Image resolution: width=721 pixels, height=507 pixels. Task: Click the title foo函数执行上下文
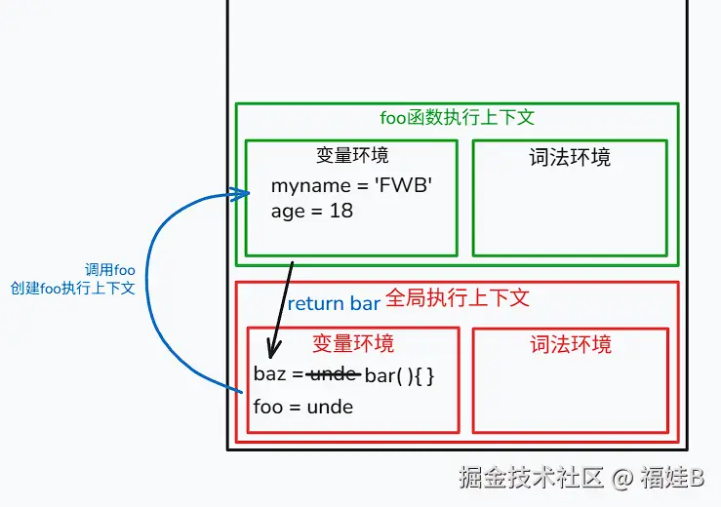coord(458,118)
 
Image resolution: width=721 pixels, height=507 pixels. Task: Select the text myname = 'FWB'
coord(351,185)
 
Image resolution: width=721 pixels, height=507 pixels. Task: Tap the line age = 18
coord(312,210)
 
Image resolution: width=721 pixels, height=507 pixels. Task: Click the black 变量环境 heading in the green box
coord(353,155)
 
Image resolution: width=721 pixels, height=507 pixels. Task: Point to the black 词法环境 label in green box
coord(570,157)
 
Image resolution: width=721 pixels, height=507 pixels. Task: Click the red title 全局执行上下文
coord(458,297)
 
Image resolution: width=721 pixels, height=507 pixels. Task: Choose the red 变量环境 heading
coord(353,343)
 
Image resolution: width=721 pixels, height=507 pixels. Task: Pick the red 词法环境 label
coord(571,344)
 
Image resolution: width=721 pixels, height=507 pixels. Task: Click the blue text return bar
coord(334,303)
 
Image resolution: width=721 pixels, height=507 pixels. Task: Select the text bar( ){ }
coord(399,374)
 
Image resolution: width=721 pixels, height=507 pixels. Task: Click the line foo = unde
coord(302,407)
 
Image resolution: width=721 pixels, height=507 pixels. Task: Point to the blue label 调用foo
coord(110,270)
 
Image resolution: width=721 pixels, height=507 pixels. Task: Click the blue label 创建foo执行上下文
coord(73,289)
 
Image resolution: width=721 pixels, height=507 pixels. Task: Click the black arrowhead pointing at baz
coord(273,351)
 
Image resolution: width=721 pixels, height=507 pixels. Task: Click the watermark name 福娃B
coord(672,477)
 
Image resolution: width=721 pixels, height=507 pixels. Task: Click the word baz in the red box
coord(269,374)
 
